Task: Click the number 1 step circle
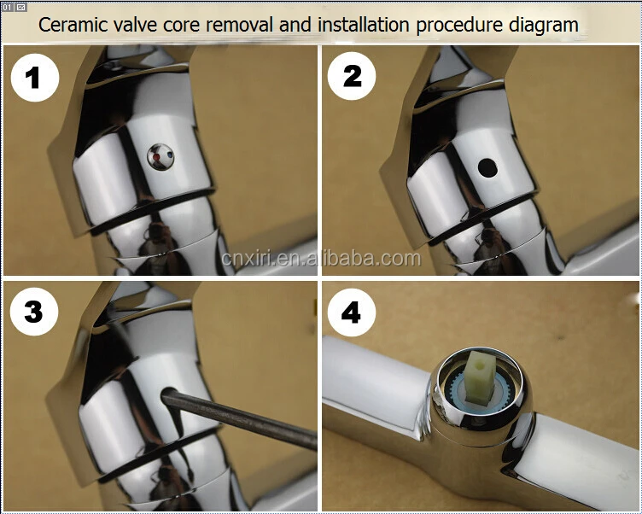(x=35, y=78)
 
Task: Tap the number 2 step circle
(x=352, y=76)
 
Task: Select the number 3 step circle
(x=34, y=312)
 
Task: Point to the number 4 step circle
(x=352, y=312)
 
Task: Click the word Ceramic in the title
(x=73, y=25)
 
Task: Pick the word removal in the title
(x=239, y=25)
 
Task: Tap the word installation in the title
(x=364, y=25)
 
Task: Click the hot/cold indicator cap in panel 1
(x=160, y=157)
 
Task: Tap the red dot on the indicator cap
(x=156, y=157)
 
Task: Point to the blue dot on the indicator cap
(x=170, y=155)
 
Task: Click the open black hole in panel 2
(x=487, y=168)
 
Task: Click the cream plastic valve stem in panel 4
(x=479, y=377)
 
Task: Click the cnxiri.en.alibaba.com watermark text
(x=321, y=259)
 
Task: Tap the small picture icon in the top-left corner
(x=21, y=7)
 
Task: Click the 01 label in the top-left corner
(x=8, y=7)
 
